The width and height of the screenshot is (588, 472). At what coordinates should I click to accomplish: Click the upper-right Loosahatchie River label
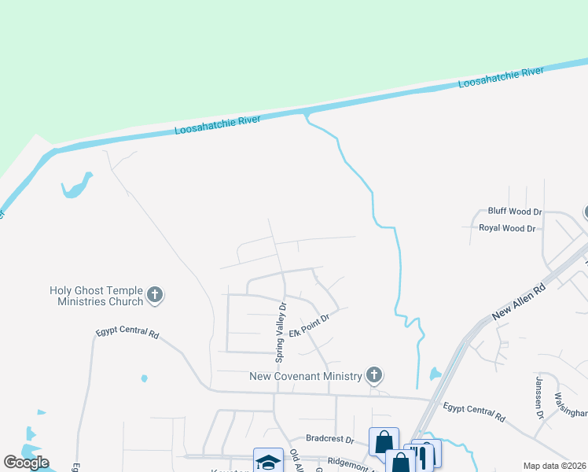[501, 77]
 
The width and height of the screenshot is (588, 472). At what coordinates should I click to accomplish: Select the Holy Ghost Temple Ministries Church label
[97, 296]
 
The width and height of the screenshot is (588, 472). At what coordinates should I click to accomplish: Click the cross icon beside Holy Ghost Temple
[155, 296]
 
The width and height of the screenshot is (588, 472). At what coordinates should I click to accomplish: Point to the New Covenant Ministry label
[305, 376]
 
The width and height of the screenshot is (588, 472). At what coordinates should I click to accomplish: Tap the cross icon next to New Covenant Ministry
[375, 375]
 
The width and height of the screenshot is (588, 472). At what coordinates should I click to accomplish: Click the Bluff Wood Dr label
[515, 212]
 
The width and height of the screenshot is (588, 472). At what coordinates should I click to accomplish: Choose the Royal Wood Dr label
[507, 228]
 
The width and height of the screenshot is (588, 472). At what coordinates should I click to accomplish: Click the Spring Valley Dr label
[281, 331]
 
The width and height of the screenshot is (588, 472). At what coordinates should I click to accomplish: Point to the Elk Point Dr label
[307, 324]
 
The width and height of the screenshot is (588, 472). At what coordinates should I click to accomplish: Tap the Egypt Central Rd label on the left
[127, 333]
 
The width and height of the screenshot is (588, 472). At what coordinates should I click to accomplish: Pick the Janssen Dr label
[539, 398]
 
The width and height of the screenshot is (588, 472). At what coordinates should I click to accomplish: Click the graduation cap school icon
[268, 461]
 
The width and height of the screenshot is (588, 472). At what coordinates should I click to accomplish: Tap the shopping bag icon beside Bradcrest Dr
[384, 441]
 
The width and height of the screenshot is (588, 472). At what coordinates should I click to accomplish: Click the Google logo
[26, 463]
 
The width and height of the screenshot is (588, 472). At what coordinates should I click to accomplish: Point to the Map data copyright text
[553, 466]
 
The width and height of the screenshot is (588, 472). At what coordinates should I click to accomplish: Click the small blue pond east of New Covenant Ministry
[435, 374]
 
